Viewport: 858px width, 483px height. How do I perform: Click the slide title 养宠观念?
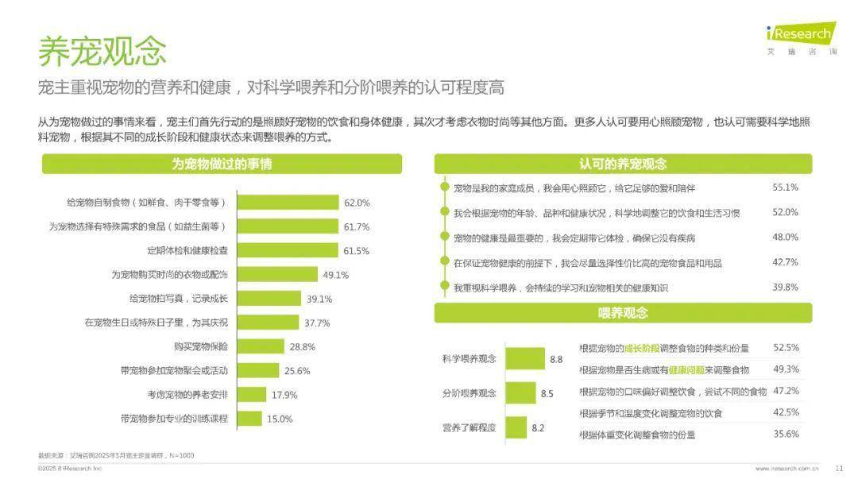[x=102, y=51]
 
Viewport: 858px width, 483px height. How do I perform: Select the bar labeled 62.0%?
[x=288, y=203]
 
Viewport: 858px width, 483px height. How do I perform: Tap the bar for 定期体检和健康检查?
[x=288, y=250]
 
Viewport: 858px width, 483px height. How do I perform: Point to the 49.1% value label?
[x=336, y=275]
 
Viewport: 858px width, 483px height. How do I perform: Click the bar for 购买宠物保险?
[x=261, y=346]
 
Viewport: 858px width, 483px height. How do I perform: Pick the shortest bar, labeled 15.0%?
[x=250, y=419]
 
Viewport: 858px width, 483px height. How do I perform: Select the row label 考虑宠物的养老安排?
[x=187, y=395]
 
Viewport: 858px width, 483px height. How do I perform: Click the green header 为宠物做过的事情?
[x=222, y=164]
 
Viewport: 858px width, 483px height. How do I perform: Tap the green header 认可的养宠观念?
[x=623, y=164]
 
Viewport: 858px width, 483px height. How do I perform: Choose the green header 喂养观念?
[x=623, y=313]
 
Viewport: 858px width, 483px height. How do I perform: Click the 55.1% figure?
[x=785, y=187]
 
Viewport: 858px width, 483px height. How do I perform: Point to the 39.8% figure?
[x=785, y=288]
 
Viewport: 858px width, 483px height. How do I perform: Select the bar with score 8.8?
[x=525, y=359]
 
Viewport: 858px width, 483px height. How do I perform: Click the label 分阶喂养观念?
[x=470, y=393]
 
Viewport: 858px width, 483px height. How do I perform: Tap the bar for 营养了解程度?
[x=516, y=427]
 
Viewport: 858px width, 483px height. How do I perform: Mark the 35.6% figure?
[x=786, y=434]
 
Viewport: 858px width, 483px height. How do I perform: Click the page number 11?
[x=839, y=468]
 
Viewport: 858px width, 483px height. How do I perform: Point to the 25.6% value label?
[x=297, y=371]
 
